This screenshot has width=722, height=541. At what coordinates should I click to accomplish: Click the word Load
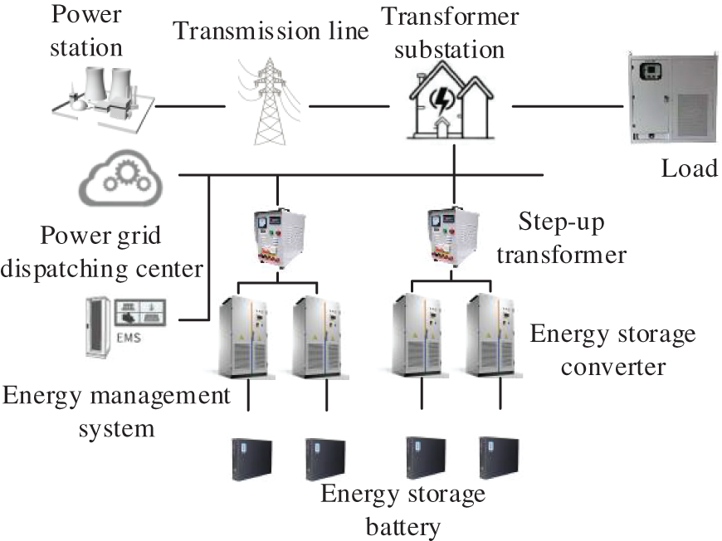[689, 168]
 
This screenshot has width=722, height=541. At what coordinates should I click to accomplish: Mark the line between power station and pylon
[189, 106]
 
